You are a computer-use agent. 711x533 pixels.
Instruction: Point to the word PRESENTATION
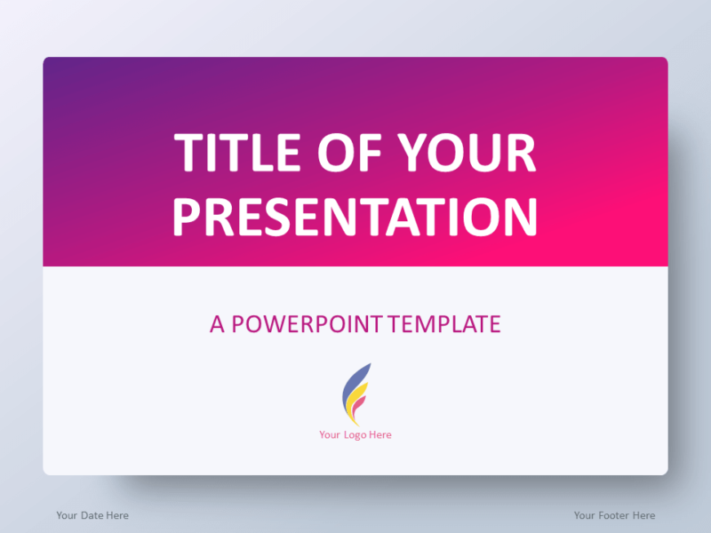[355, 217]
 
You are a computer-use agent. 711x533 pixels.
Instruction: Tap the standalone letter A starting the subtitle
[218, 324]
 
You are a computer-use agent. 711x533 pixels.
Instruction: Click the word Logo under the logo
[355, 435]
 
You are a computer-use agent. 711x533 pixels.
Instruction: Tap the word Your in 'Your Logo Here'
[330, 435]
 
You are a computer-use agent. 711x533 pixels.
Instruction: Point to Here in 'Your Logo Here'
[380, 435]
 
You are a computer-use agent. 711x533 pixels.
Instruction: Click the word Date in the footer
[92, 515]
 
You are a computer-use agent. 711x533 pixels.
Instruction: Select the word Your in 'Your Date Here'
[68, 515]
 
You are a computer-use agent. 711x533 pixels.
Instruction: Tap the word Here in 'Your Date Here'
[117, 515]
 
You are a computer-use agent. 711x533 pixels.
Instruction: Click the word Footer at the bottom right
[614, 515]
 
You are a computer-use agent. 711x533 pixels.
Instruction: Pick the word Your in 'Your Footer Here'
[585, 515]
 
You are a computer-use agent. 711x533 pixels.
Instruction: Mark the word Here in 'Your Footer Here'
[643, 515]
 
